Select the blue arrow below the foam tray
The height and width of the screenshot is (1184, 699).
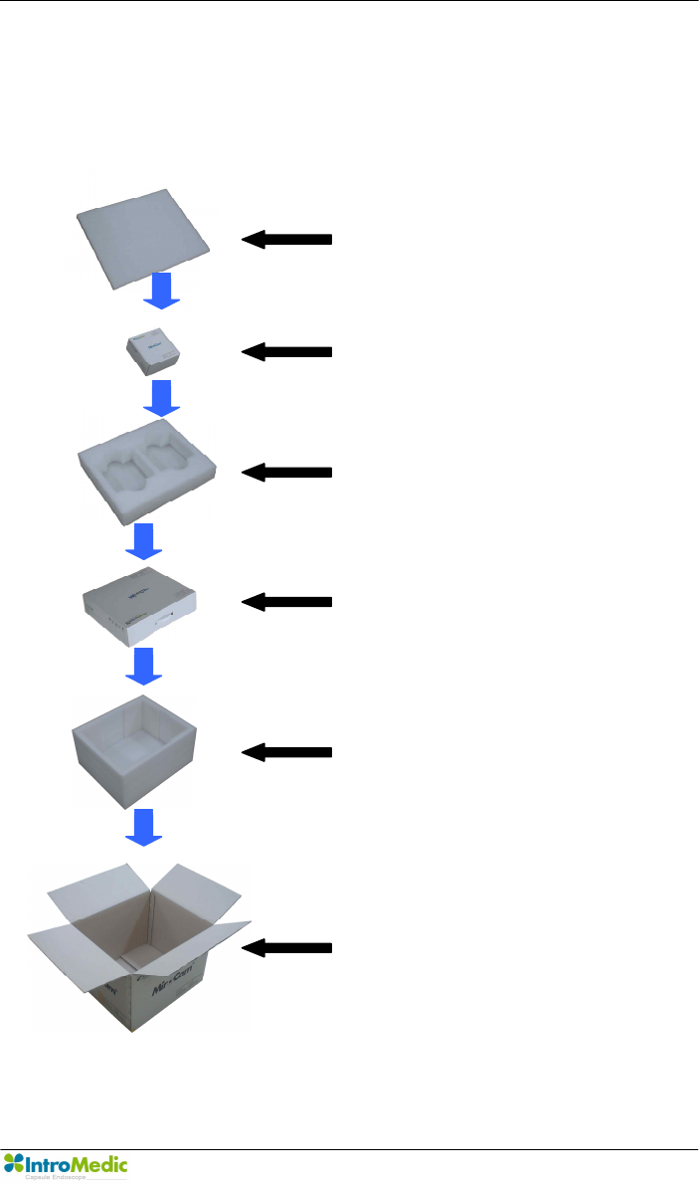[x=144, y=540]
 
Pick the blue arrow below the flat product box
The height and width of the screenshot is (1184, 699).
[x=144, y=666]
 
